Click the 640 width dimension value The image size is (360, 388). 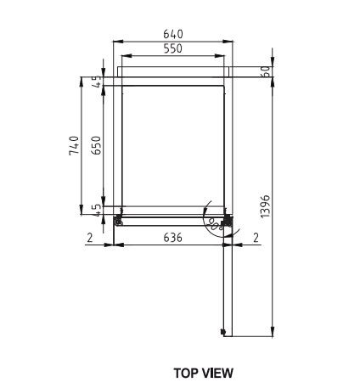pos(173,35)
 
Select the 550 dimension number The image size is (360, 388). pos(173,50)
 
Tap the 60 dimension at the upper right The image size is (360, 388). pos(265,73)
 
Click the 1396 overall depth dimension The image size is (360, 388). pos(265,205)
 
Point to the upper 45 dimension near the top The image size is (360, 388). pos(97,82)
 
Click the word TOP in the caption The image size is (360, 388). pos(187,372)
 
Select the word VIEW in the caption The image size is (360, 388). pos(217,372)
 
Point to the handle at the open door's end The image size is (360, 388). pos(224,331)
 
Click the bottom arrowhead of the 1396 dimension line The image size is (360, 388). pos(272,332)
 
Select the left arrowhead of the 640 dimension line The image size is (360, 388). pos(117,41)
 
